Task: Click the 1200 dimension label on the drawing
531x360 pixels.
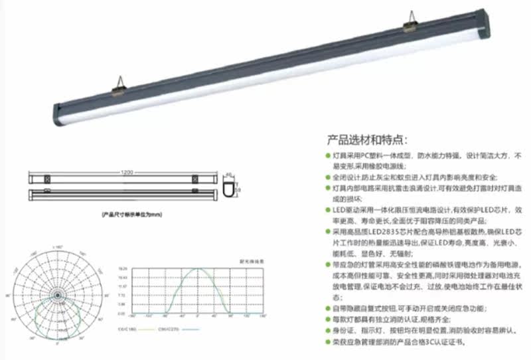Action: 126,173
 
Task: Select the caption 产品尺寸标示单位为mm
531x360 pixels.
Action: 131,215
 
